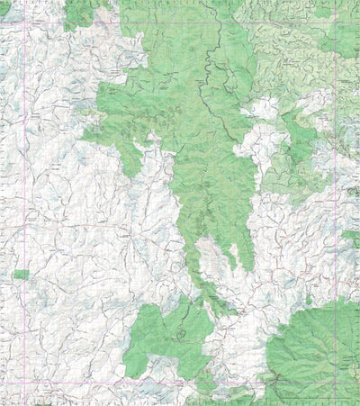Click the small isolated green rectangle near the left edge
pyautogui.click(x=21, y=274)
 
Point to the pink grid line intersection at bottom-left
pyautogui.click(x=22, y=390)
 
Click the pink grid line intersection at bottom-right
pyautogui.click(x=337, y=390)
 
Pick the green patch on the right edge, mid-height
pyautogui.click(x=350, y=237)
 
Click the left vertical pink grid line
pyautogui.click(x=22, y=198)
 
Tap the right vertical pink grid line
pyautogui.click(x=337, y=198)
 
